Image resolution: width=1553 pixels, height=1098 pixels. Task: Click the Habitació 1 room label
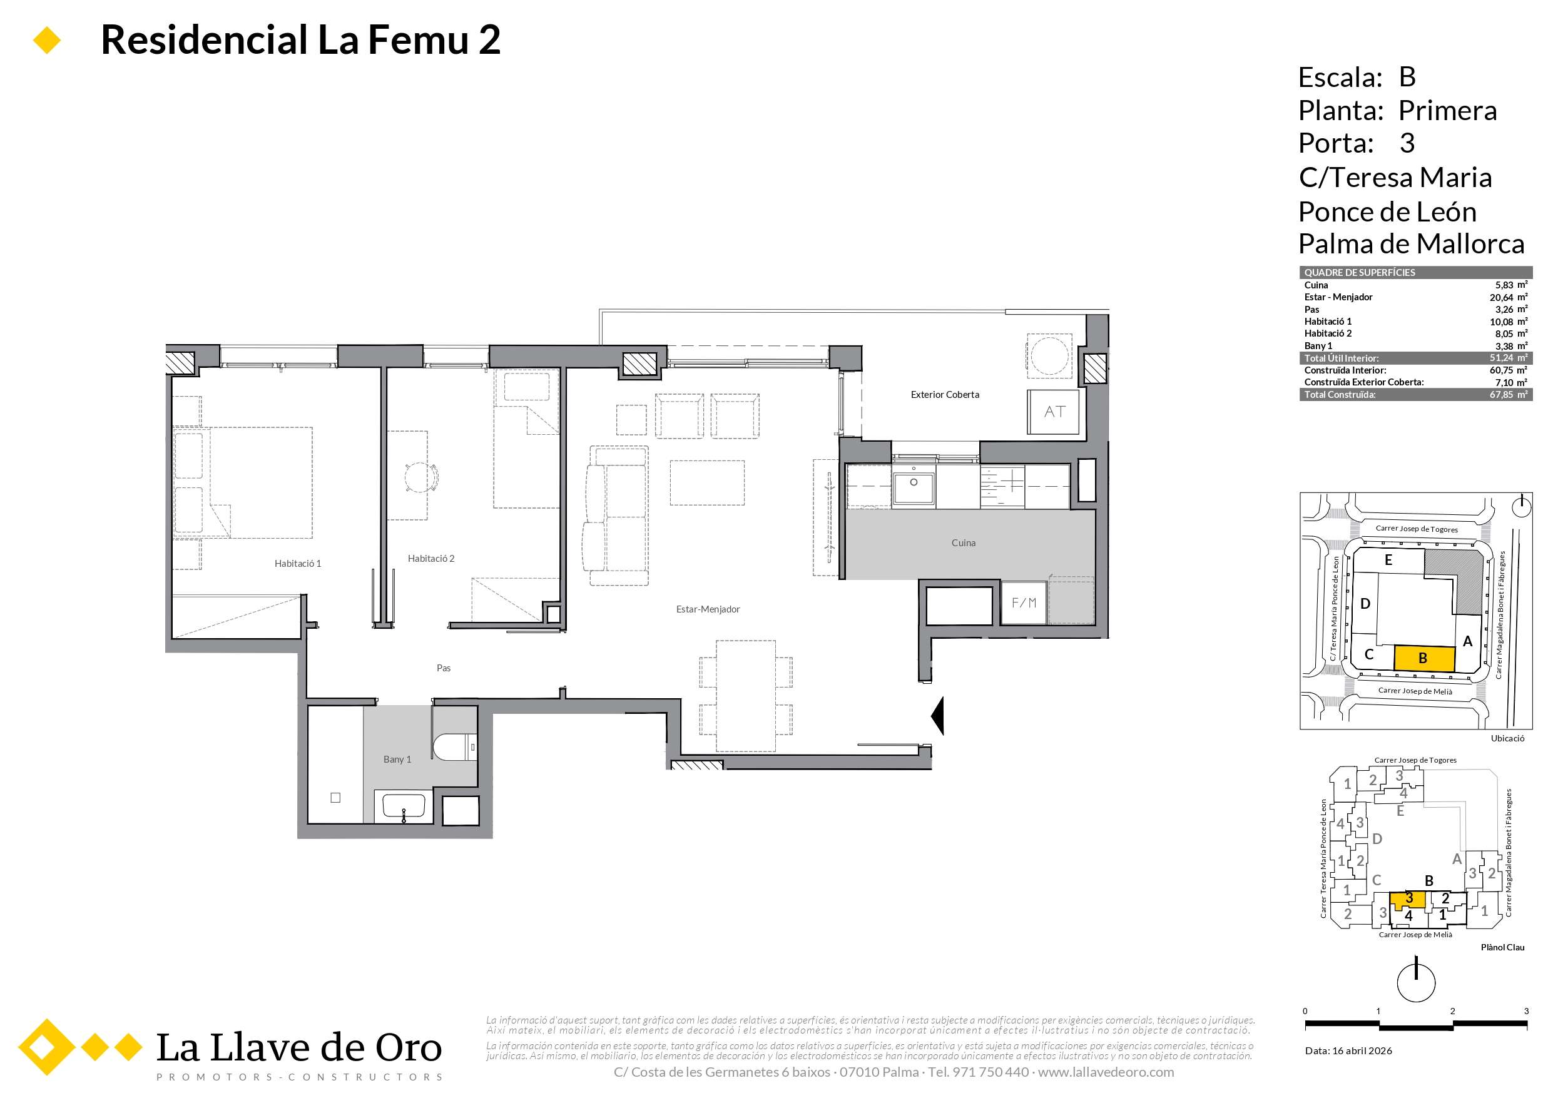pyautogui.click(x=298, y=564)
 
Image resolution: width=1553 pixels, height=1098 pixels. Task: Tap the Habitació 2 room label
pyautogui.click(x=431, y=559)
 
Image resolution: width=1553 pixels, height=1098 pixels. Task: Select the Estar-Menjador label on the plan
pyautogui.click(x=708, y=609)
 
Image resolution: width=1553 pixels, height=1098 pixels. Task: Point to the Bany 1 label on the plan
pyautogui.click(x=397, y=760)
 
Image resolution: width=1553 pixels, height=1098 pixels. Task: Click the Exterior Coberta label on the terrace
pyautogui.click(x=944, y=395)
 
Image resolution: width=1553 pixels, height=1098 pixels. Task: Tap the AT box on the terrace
pyautogui.click(x=1054, y=412)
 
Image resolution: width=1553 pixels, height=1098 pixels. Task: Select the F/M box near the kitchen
pyautogui.click(x=1024, y=602)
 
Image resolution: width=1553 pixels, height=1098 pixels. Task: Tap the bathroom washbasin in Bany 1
pyautogui.click(x=404, y=807)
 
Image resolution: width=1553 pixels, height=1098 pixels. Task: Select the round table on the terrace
pyautogui.click(x=1049, y=355)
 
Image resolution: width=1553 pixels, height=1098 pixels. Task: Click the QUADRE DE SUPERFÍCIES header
pyautogui.click(x=1360, y=273)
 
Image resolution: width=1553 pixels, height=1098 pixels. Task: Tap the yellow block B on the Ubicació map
pyautogui.click(x=1425, y=658)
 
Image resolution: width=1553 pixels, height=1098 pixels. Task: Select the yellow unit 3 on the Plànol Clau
pyautogui.click(x=1408, y=900)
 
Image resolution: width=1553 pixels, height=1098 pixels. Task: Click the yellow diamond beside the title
pyautogui.click(x=47, y=41)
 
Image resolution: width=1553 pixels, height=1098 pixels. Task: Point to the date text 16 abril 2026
pyautogui.click(x=1362, y=1050)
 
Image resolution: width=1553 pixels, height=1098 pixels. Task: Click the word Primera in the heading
pyautogui.click(x=1447, y=111)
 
